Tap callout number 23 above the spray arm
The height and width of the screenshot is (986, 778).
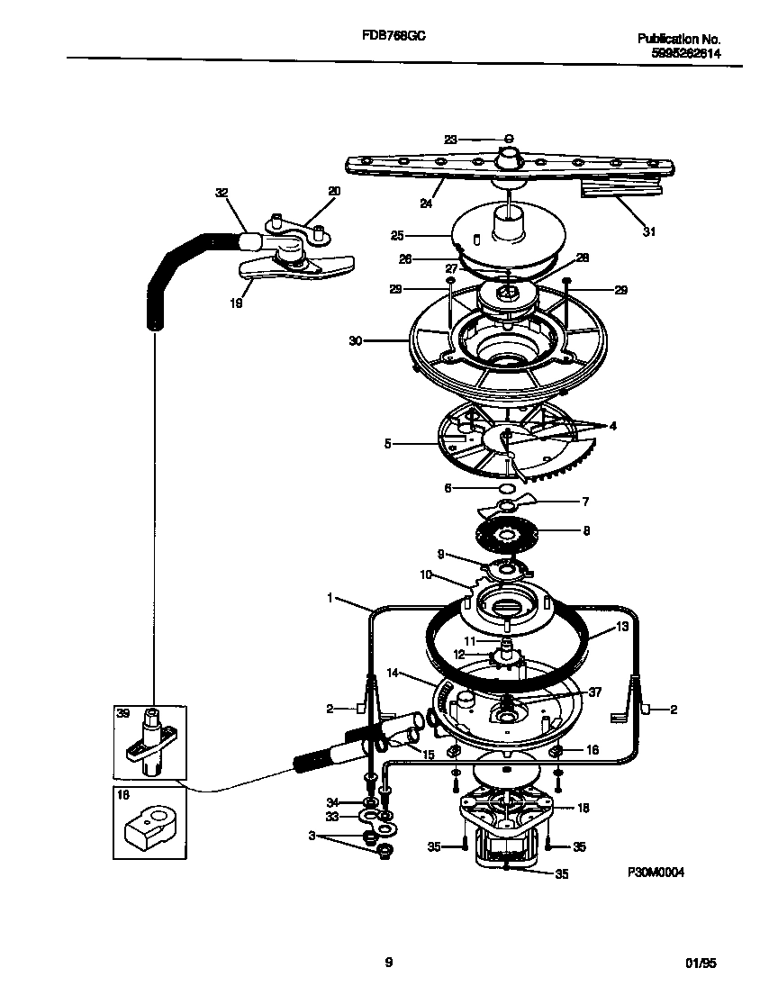coord(451,139)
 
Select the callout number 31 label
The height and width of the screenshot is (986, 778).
coord(649,231)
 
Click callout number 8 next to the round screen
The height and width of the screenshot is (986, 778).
coord(586,531)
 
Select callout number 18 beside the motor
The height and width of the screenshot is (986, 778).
coord(583,808)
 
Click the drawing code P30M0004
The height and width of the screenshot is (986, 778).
coord(663,873)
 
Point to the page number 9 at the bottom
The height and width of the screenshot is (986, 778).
coord(389,963)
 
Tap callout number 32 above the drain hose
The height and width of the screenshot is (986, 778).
coord(222,192)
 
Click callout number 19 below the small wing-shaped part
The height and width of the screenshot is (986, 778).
coord(235,303)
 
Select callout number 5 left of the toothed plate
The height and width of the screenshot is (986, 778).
coord(387,443)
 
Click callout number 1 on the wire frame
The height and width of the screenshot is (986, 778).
coord(331,597)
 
